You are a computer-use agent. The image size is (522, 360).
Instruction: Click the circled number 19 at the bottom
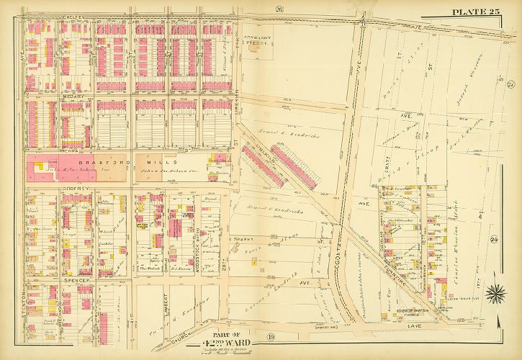click(248, 336)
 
